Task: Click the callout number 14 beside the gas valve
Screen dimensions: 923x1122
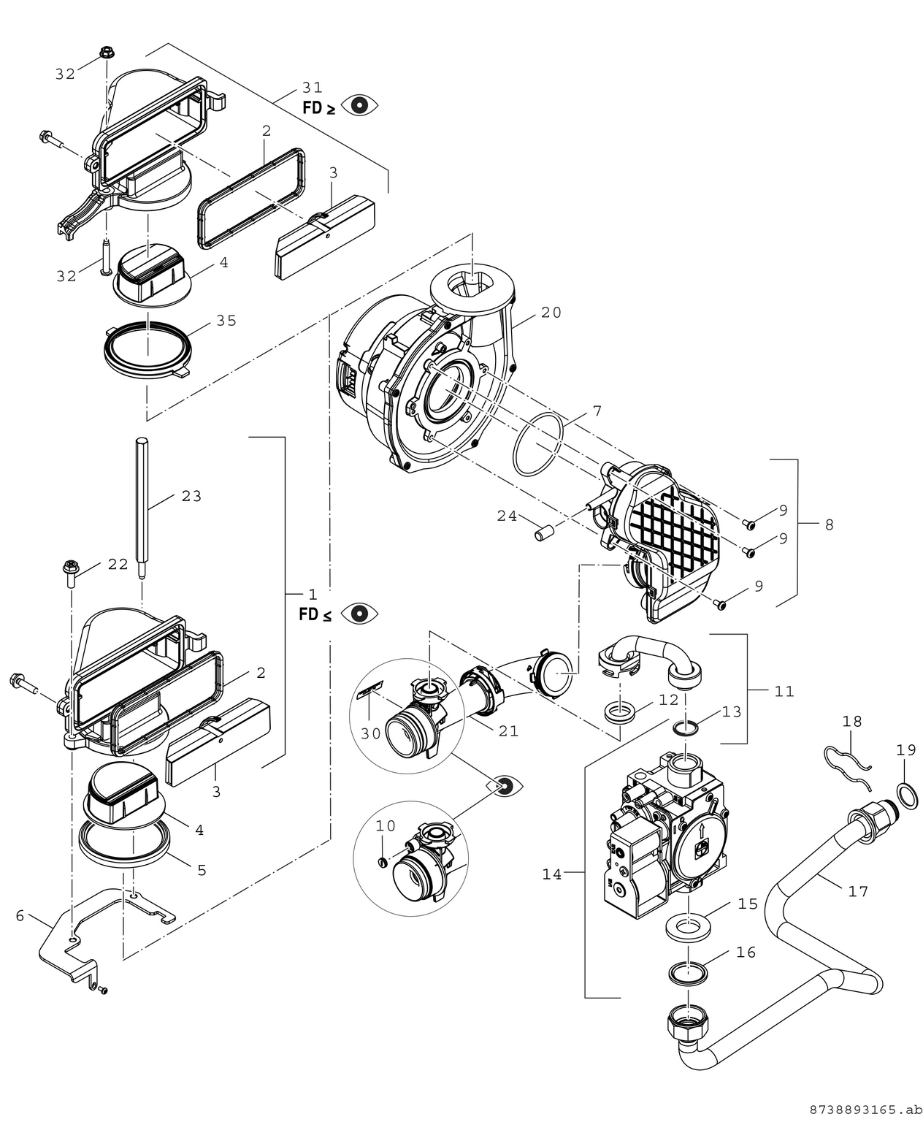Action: click(x=552, y=874)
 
